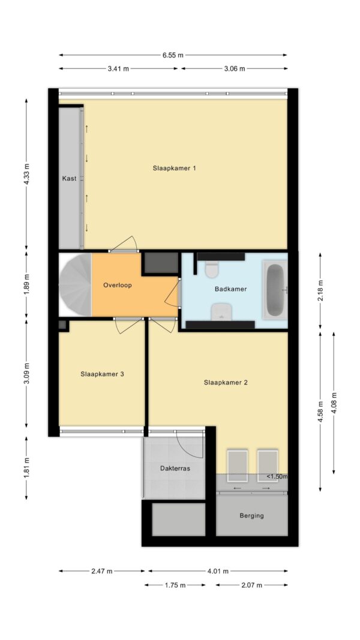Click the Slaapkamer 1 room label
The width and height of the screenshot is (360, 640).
tap(174, 168)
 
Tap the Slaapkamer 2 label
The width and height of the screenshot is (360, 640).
tap(226, 383)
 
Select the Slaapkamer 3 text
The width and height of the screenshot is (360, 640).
tap(102, 374)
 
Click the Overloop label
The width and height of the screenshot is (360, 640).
tap(118, 286)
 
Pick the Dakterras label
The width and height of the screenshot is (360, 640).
tap(175, 468)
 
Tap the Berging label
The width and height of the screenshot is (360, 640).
tap(251, 515)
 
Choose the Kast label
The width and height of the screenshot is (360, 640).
tap(70, 178)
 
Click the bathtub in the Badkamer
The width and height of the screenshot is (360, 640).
tap(275, 289)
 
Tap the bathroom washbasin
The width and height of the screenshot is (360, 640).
tap(221, 312)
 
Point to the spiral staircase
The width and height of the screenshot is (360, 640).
tap(75, 285)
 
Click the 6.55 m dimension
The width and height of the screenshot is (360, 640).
tap(173, 55)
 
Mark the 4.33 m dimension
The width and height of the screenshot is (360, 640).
tap(26, 175)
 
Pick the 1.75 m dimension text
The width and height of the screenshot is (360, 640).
tap(175, 585)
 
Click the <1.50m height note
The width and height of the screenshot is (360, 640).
tap(277, 477)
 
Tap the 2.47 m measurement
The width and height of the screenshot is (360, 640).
tap(101, 571)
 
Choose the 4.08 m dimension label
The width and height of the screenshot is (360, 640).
tap(334, 402)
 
